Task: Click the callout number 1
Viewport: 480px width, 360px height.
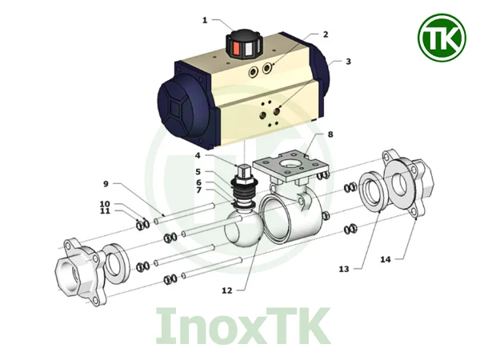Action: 205,20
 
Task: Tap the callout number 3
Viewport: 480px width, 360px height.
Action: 348,62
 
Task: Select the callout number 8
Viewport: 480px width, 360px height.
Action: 330,134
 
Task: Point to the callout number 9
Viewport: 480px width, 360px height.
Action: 106,184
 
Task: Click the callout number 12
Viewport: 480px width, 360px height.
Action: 227,290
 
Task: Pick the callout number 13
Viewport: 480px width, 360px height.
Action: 344,269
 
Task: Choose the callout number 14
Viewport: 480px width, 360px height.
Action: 386,259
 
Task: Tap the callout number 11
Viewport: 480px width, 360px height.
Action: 105,211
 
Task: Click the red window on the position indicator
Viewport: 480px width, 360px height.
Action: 236,48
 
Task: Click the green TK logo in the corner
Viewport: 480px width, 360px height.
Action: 442,38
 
